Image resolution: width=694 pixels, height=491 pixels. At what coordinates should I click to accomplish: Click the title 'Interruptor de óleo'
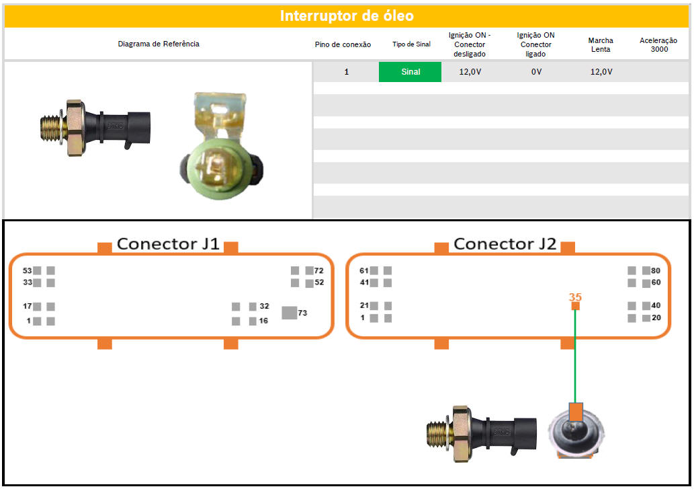(347, 16)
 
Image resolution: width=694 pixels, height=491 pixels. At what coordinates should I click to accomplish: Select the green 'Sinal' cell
(410, 72)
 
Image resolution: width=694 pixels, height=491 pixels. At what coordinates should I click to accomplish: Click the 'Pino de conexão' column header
(343, 44)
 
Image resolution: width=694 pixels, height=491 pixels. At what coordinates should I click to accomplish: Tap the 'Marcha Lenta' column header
(601, 44)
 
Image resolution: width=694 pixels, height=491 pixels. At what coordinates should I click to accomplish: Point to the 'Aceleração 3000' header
(658, 44)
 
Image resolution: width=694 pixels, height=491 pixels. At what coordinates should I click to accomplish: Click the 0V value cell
(536, 72)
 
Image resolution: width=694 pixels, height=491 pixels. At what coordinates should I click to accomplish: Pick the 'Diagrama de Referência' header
(159, 44)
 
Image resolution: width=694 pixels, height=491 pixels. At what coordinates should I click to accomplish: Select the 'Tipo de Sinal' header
(412, 44)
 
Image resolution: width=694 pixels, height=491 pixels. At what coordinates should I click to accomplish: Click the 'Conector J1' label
(168, 243)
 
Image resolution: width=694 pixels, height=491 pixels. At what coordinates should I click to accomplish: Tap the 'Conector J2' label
(505, 243)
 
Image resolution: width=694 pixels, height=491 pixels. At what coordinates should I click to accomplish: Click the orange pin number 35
(575, 297)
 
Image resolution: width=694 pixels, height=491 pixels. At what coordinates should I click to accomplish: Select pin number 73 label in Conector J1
(302, 313)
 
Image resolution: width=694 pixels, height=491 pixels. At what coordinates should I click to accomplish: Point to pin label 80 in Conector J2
(656, 270)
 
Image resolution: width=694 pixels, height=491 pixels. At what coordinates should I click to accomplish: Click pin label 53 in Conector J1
(28, 270)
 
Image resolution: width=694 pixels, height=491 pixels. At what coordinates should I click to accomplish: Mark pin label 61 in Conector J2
(364, 270)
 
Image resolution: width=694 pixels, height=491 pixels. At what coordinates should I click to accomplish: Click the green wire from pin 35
(575, 356)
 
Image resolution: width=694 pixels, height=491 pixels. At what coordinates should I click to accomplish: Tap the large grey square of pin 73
(290, 312)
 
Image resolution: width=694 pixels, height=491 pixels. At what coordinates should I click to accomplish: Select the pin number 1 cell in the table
(347, 72)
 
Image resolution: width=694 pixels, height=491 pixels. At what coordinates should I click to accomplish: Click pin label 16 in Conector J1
(263, 321)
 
